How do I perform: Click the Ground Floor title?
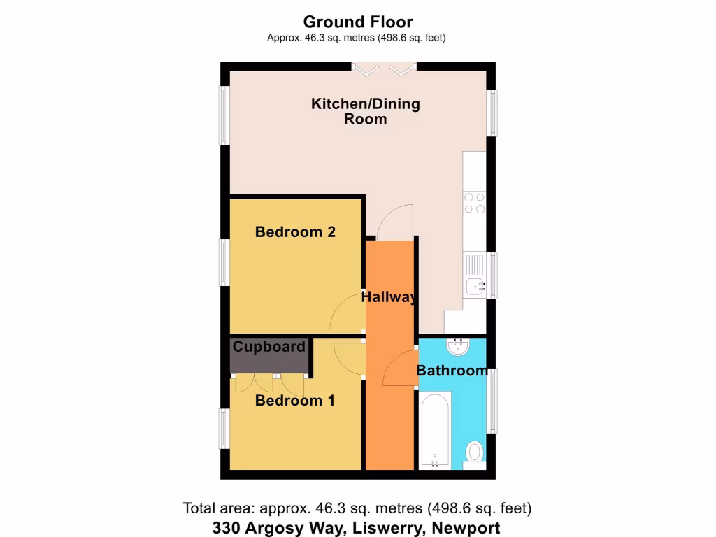(358, 22)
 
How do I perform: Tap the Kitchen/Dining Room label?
(365, 111)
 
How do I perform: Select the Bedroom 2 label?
(295, 231)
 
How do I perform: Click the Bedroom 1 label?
(294, 401)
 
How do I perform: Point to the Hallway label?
(389, 297)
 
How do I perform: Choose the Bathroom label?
(452, 371)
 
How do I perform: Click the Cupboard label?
(269, 347)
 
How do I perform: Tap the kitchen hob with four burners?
(475, 203)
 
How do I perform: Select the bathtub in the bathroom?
(434, 430)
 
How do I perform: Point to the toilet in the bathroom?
(475, 451)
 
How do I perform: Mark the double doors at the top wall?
(383, 68)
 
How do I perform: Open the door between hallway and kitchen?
(395, 222)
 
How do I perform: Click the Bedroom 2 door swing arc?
(346, 313)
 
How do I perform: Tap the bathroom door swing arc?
(400, 368)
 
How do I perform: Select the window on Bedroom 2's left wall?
(224, 262)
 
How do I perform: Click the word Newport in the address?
(466, 528)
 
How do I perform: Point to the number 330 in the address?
(227, 528)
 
